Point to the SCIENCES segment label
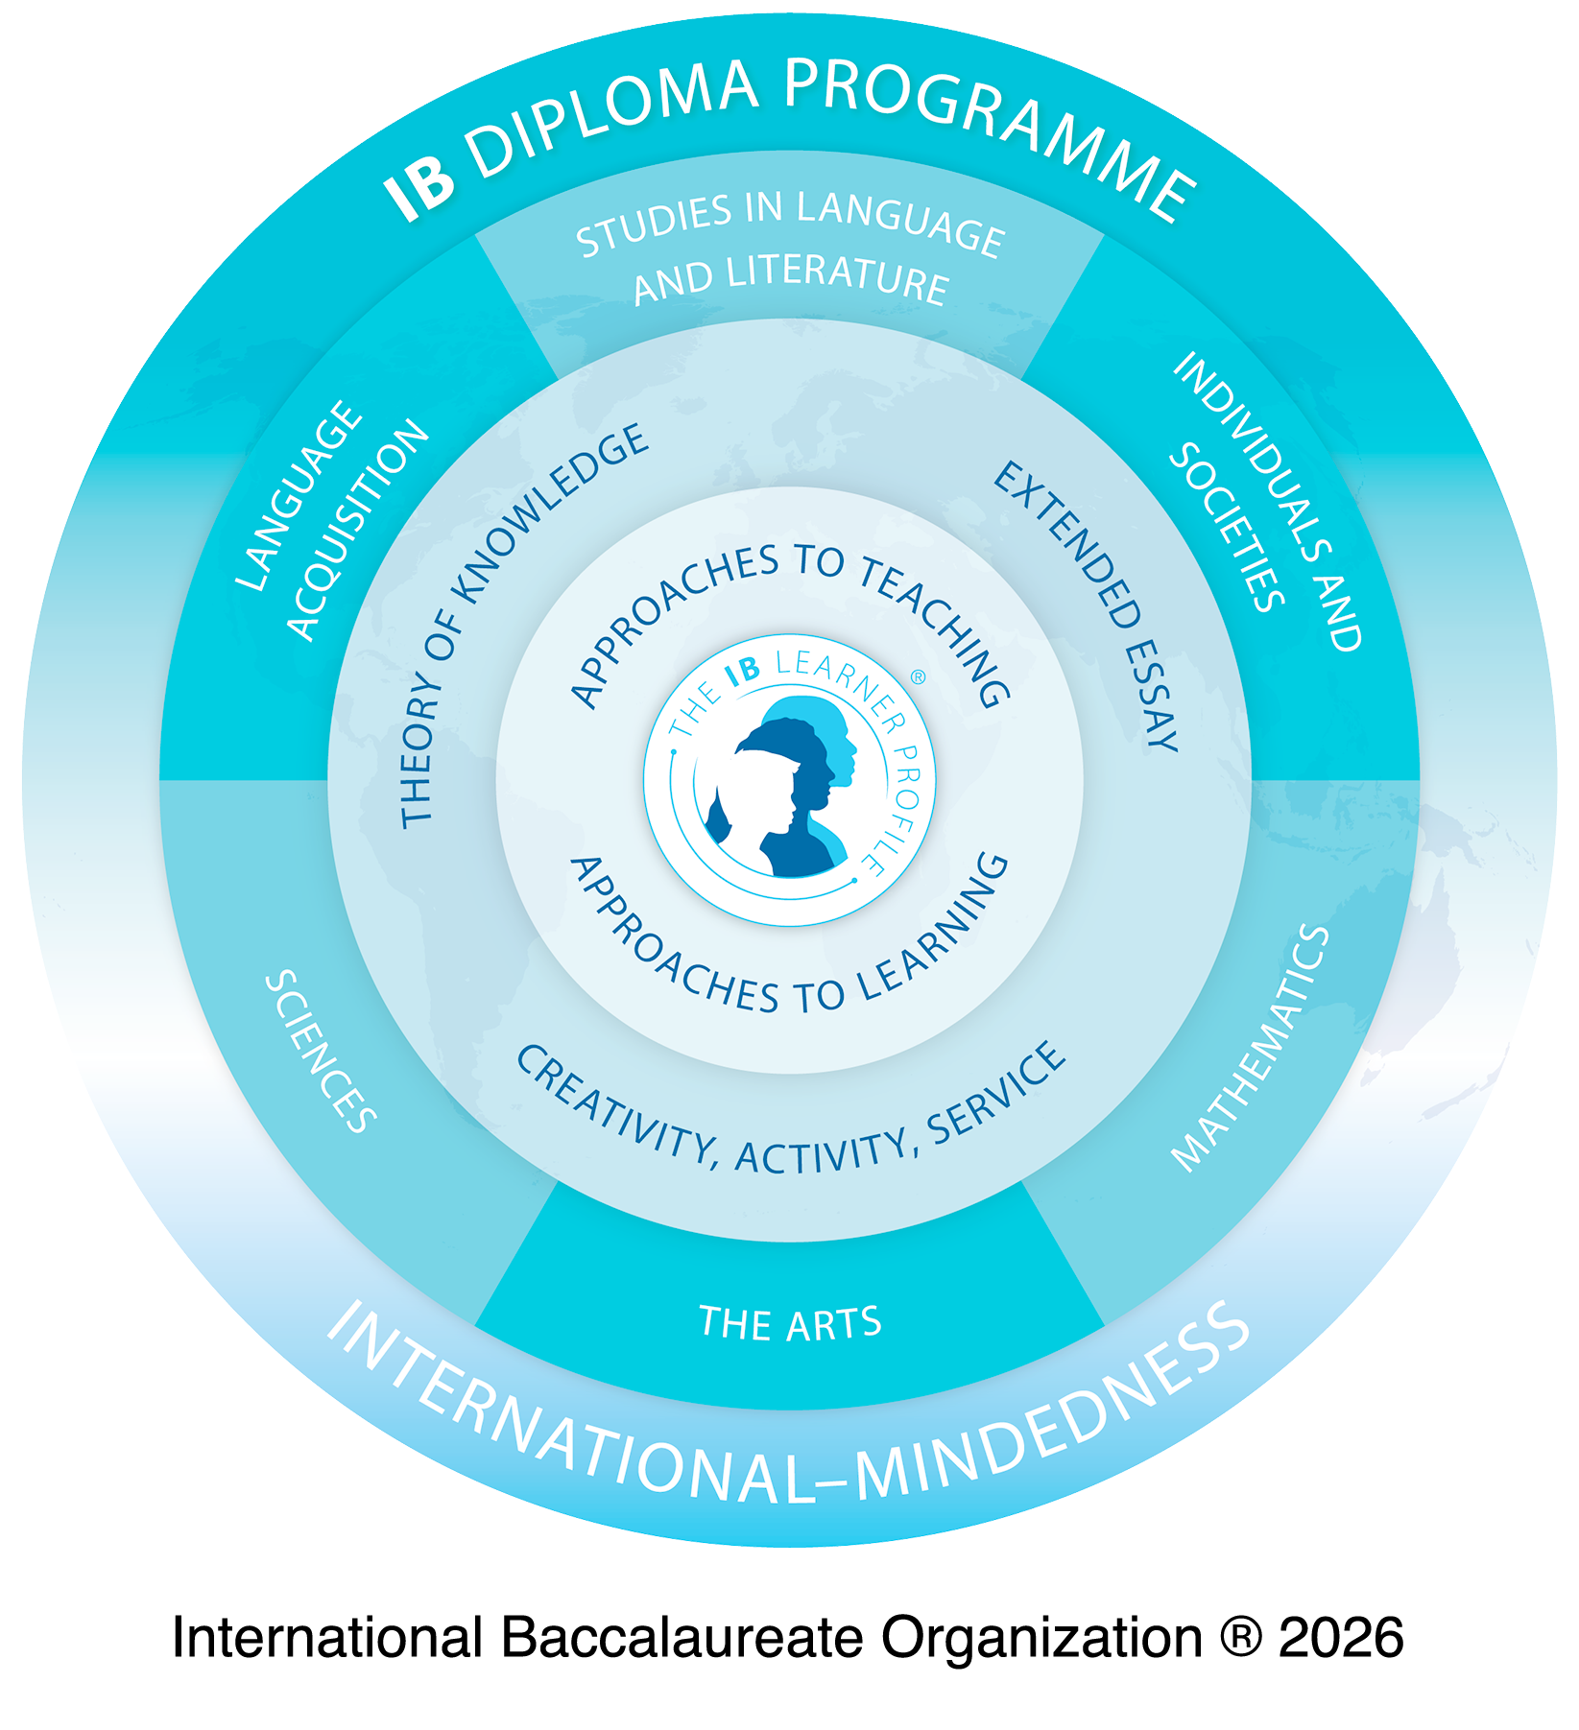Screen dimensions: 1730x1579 (321, 1051)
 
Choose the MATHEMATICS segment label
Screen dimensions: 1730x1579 (1251, 1048)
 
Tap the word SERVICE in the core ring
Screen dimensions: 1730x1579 (998, 1094)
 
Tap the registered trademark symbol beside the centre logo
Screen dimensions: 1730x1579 (918, 677)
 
